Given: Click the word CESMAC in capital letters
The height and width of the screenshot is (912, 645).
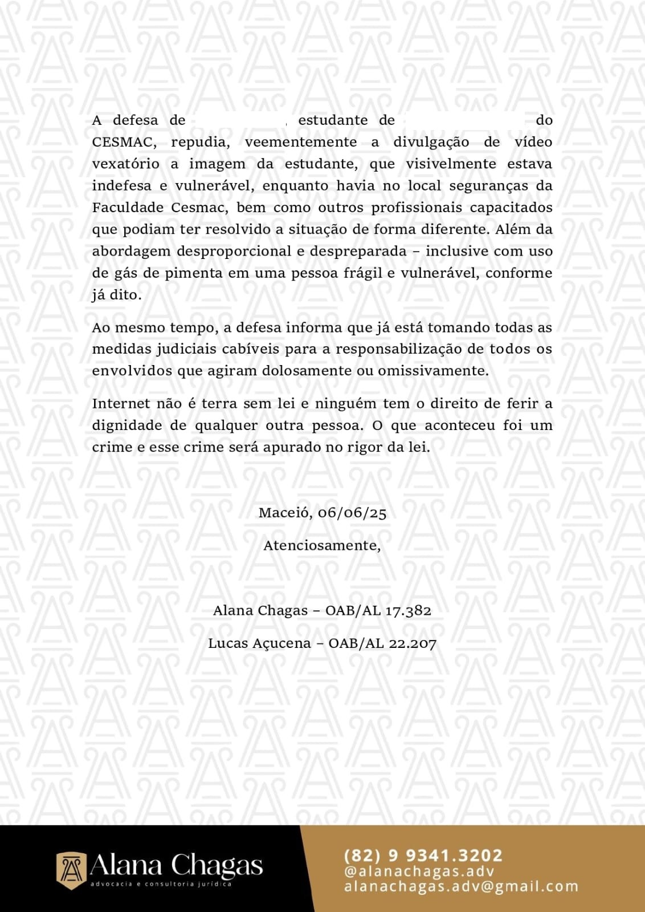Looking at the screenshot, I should (122, 142).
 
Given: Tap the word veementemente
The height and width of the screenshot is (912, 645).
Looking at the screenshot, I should (301, 142).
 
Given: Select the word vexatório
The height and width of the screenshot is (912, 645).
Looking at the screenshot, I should (126, 164).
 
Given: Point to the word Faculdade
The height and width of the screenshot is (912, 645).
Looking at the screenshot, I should (128, 208).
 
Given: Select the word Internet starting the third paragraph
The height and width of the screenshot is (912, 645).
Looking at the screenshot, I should (121, 404).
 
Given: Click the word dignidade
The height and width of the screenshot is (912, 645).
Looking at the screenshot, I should (127, 425).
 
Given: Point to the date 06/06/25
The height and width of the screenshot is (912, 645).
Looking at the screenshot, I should (352, 513).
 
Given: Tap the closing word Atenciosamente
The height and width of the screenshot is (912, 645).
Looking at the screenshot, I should (322, 546).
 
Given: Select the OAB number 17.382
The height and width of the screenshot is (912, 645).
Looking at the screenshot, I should (408, 611).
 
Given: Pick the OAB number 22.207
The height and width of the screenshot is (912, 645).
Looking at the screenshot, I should (413, 644).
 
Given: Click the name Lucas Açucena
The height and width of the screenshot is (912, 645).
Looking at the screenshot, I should (259, 644).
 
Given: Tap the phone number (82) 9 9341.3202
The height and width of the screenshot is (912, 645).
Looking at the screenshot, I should (423, 856).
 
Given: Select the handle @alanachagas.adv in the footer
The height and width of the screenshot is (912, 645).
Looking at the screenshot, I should (419, 872).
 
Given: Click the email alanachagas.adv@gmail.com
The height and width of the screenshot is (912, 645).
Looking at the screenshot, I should (461, 887).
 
